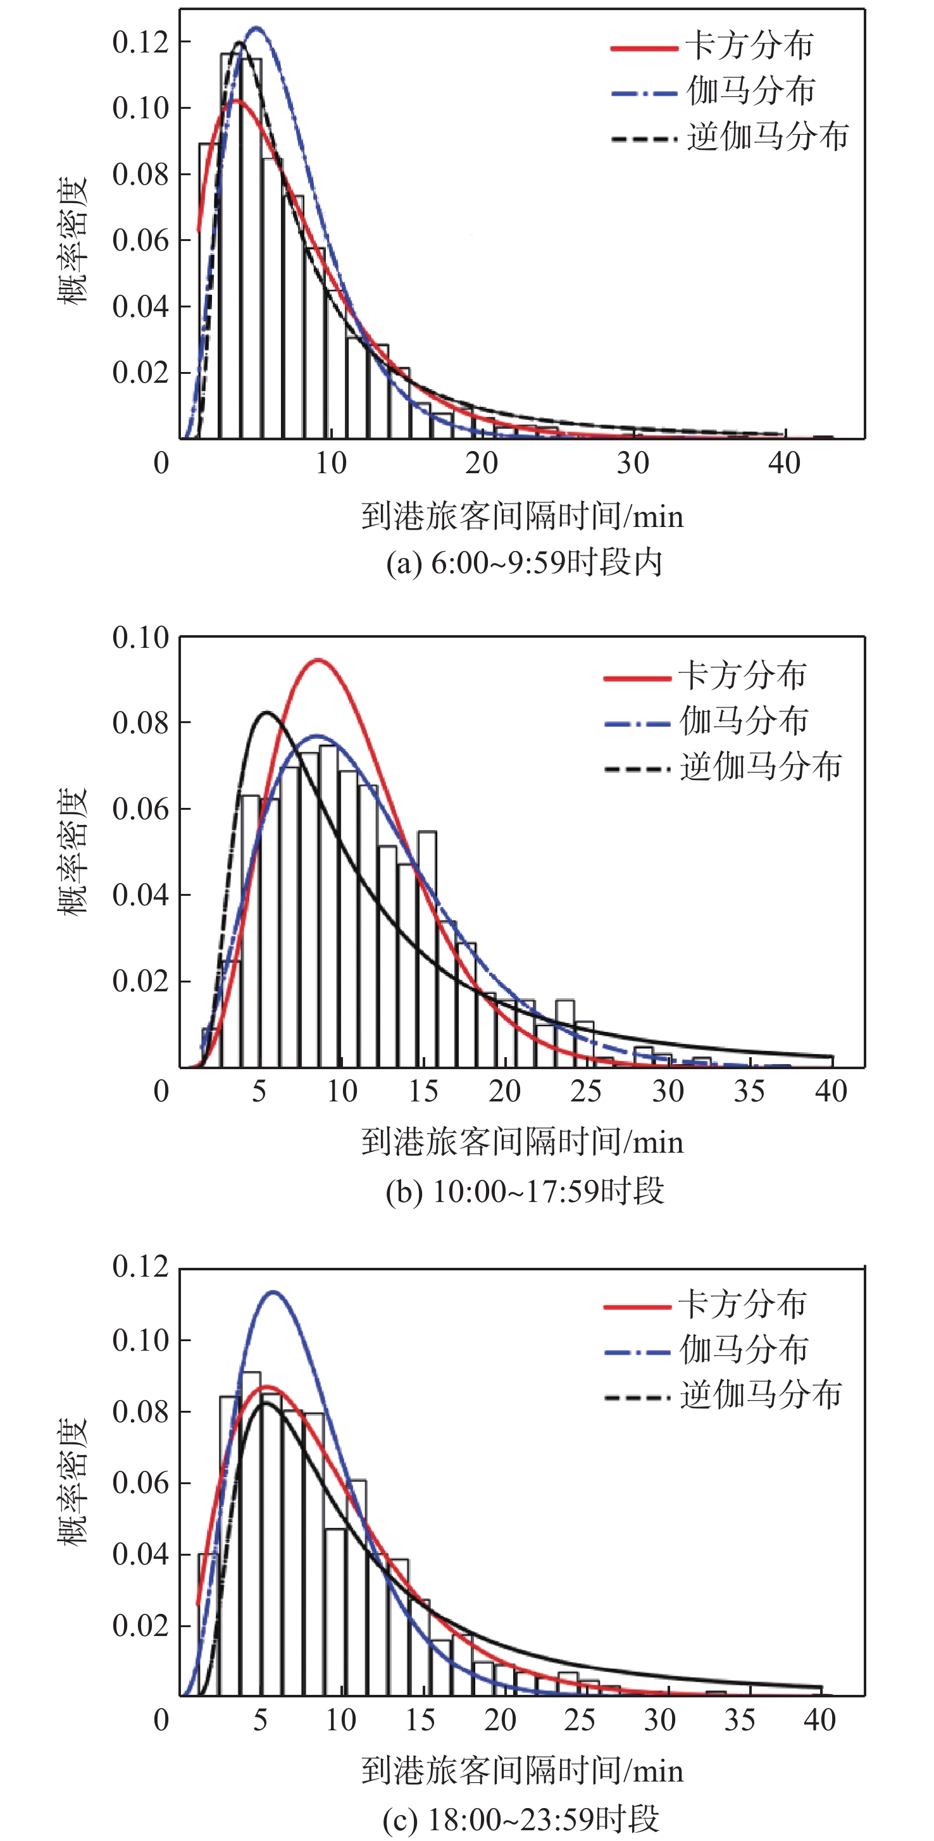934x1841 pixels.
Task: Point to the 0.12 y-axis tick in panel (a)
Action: pyautogui.click(x=140, y=42)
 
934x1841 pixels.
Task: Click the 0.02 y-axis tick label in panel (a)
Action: pyautogui.click(x=140, y=373)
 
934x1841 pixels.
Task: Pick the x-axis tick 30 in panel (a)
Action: pyautogui.click(x=633, y=463)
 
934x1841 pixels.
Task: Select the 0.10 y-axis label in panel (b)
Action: pyautogui.click(x=140, y=637)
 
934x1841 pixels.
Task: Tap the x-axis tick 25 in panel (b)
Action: pyautogui.click(x=586, y=1091)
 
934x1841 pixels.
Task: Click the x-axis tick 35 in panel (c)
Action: pyautogui.click(x=740, y=1719)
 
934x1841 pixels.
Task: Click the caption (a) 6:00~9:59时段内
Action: pyautogui.click(x=524, y=562)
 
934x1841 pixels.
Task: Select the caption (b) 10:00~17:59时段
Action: pyautogui.click(x=525, y=1191)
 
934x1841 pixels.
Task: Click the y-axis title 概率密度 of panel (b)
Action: pyautogui.click(x=72, y=850)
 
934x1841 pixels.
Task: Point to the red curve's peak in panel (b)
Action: pyautogui.click(x=318, y=660)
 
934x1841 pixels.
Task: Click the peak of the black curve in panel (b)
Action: pyautogui.click(x=266, y=712)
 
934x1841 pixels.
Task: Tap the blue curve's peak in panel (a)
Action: pyautogui.click(x=256, y=28)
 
